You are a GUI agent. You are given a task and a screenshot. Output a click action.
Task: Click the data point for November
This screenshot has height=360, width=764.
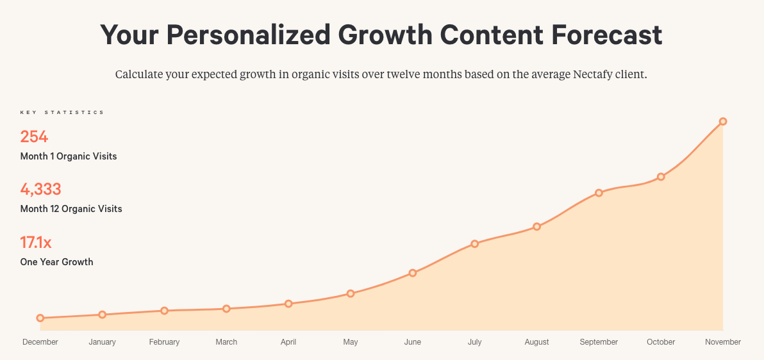[x=723, y=121]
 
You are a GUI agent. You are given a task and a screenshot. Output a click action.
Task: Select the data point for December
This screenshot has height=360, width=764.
[x=40, y=318]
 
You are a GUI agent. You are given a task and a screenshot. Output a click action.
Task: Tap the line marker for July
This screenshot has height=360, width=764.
[x=475, y=243]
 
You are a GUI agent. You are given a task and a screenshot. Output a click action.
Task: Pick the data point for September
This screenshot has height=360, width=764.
[x=599, y=193]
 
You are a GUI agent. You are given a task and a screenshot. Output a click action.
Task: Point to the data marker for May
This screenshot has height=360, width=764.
[x=351, y=293]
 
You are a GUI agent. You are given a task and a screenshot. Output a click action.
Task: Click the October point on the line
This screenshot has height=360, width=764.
[x=661, y=177]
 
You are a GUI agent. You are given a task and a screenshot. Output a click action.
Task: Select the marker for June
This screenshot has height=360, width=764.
[x=413, y=273]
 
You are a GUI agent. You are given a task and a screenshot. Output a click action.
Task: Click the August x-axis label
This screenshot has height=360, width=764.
[x=536, y=342]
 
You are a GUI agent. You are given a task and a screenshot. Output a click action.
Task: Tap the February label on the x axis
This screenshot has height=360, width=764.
[x=164, y=342]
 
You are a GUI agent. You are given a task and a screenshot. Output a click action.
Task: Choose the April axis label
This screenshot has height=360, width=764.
[x=288, y=342]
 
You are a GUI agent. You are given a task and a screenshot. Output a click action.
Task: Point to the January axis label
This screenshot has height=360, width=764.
[x=102, y=342]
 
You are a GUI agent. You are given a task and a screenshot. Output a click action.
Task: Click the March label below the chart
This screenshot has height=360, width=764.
[x=226, y=342]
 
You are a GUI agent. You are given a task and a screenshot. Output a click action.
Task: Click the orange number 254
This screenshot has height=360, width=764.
[x=34, y=136]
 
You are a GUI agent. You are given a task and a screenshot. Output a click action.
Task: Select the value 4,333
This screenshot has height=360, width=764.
[x=40, y=190]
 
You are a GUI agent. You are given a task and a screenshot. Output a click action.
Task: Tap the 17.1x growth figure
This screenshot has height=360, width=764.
[x=36, y=243]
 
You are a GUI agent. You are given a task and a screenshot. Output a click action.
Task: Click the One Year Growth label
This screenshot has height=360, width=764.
[x=56, y=262]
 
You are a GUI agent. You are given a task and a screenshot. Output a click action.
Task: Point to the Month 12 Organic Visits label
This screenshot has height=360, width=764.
[x=71, y=209]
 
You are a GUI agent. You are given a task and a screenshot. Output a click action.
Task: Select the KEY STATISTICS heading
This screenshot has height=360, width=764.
[x=62, y=113]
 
